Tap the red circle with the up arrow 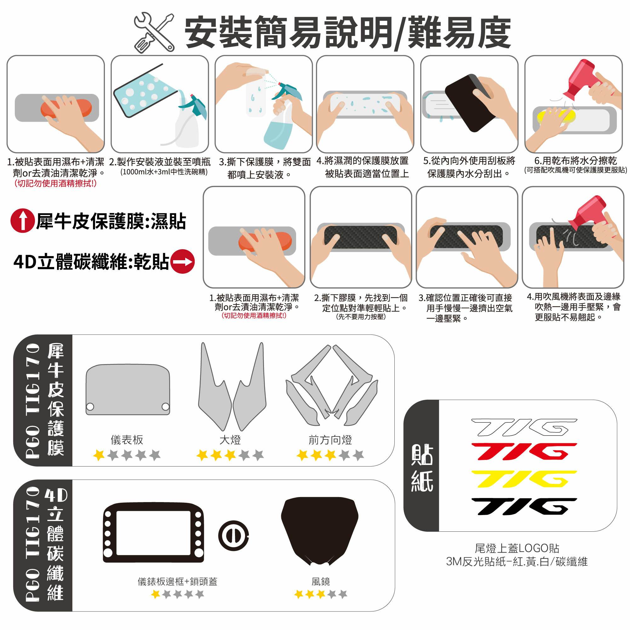click(22, 221)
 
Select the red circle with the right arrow click(183, 261)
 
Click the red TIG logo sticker click(524, 452)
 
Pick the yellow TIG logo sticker click(524, 479)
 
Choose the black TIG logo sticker click(524, 507)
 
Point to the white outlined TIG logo click(524, 427)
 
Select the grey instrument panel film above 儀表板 click(128, 390)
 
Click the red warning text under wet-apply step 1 click(55, 183)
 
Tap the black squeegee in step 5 click(469, 103)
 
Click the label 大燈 click(230, 440)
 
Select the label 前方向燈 click(330, 440)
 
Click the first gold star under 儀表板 click(99, 455)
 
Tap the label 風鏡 click(321, 581)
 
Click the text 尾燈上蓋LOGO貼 click(517, 548)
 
